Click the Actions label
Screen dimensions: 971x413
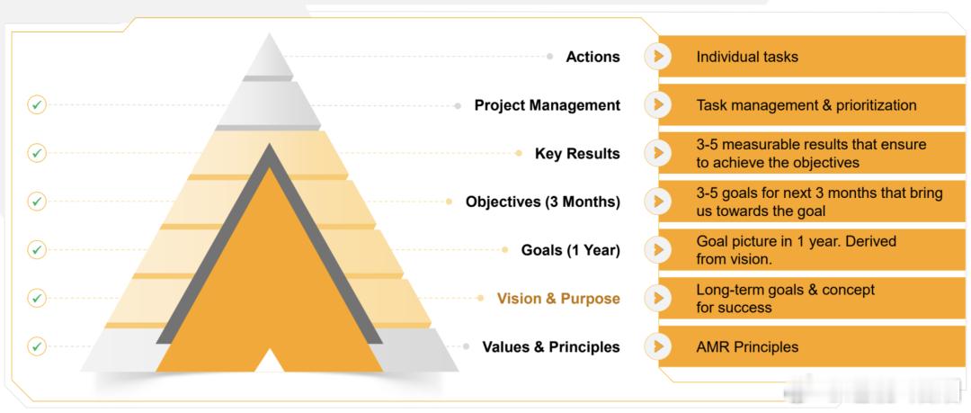pyautogui.click(x=592, y=57)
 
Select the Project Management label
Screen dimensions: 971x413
pyautogui.click(x=548, y=105)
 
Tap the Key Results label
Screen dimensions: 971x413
pyautogui.click(x=577, y=154)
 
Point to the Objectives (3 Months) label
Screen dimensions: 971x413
pyautogui.click(x=542, y=202)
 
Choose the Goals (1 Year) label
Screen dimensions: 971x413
pyautogui.click(x=570, y=250)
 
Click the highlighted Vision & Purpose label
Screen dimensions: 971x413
pyautogui.click(x=558, y=299)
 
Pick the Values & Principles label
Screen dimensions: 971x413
pyautogui.click(x=551, y=346)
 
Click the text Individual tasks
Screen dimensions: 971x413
pyautogui.click(x=747, y=57)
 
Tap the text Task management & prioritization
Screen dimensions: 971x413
pyautogui.click(x=806, y=105)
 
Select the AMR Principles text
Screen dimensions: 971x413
pyautogui.click(x=747, y=347)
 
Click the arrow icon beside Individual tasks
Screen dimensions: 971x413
pyautogui.click(x=657, y=57)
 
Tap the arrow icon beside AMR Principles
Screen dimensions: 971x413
pyautogui.click(x=657, y=346)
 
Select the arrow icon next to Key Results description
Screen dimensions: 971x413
pyautogui.click(x=657, y=153)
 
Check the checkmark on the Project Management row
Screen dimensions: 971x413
pyautogui.click(x=37, y=104)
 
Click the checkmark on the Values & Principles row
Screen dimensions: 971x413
pyautogui.click(x=37, y=346)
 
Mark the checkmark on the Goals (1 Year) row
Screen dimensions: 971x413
pyautogui.click(x=37, y=250)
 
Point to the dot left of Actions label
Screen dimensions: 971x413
pyautogui.click(x=550, y=57)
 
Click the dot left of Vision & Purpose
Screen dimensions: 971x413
pyautogui.click(x=480, y=299)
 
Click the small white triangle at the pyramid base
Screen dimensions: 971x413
pyautogui.click(x=270, y=362)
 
